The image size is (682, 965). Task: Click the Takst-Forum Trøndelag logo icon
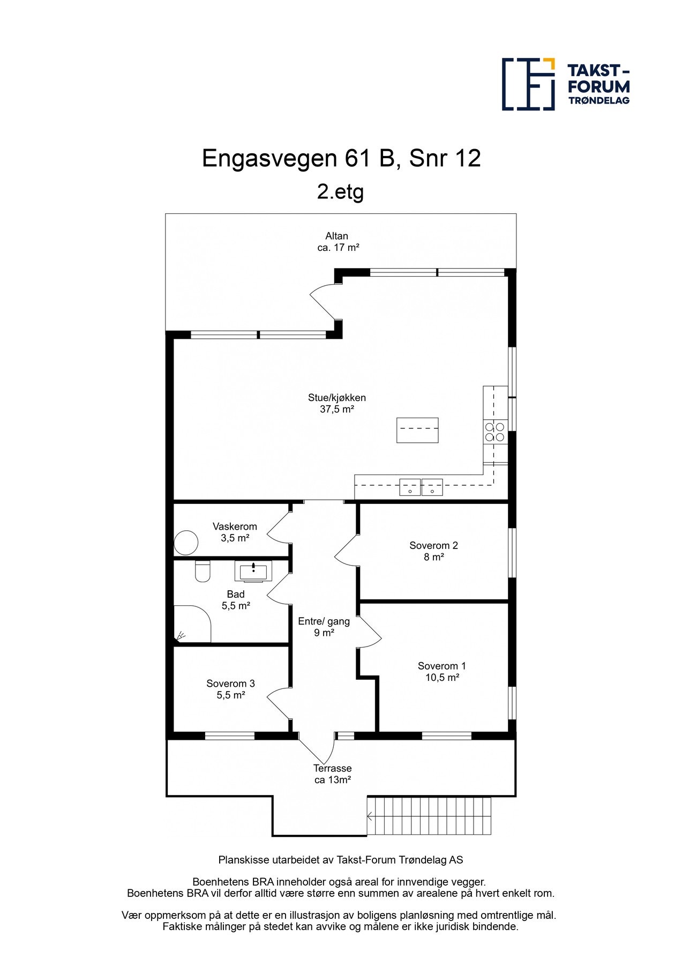tap(528, 84)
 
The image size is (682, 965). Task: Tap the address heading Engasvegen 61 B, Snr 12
tap(341, 158)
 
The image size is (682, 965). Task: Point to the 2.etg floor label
tap(340, 191)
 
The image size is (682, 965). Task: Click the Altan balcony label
tap(338, 241)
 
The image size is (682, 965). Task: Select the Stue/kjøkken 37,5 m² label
tap(337, 403)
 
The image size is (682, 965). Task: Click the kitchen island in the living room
tap(417, 430)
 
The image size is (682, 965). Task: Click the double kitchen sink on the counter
tap(421, 487)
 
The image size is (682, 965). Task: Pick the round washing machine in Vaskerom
tap(186, 543)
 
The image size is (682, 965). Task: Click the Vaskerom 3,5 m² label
tap(235, 532)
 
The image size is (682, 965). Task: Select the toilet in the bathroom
tap(203, 571)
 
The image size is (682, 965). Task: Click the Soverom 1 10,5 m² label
tap(442, 672)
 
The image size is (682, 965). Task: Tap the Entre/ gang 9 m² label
tap(324, 627)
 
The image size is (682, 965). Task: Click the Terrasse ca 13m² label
tap(332, 774)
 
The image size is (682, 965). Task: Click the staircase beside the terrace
tap(429, 816)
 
